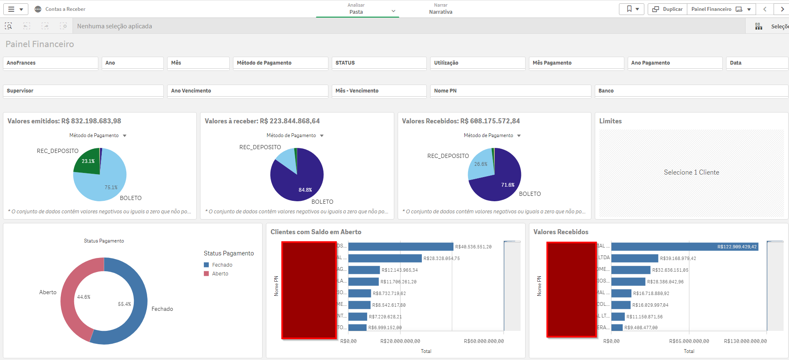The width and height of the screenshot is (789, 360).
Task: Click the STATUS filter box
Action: [x=378, y=63]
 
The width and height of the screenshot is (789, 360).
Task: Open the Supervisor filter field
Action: [x=83, y=91]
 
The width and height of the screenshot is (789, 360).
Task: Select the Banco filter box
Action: [x=691, y=91]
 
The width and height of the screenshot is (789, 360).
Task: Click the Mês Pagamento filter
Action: [x=576, y=63]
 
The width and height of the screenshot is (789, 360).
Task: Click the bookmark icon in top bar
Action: [x=629, y=9]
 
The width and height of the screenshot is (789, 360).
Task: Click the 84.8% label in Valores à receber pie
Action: [x=305, y=190]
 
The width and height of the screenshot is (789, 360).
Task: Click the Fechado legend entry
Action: [x=222, y=265]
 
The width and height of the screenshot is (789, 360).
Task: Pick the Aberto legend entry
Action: [x=220, y=274]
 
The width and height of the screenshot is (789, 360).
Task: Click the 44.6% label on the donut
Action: [x=84, y=297]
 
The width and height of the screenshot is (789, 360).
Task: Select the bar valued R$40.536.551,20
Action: [x=400, y=247]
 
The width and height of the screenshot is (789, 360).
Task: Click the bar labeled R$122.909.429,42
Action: [x=684, y=247]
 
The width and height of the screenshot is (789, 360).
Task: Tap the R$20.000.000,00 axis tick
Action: [x=400, y=341]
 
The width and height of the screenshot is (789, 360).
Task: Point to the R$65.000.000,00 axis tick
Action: [x=689, y=341]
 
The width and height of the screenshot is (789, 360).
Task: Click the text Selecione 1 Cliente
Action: [x=691, y=172]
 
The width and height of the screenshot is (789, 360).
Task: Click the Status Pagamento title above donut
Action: [x=104, y=241]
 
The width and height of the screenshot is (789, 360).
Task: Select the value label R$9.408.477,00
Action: [x=641, y=327]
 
